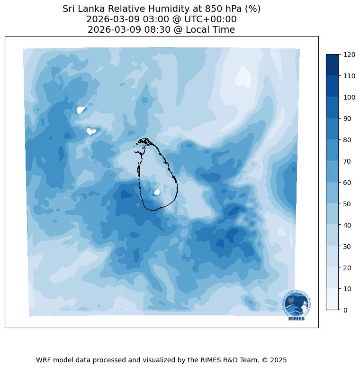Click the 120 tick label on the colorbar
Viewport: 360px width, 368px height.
350,55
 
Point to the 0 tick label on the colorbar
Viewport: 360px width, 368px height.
345,310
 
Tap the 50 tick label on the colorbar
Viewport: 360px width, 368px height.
348,203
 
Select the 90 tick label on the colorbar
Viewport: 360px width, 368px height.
348,119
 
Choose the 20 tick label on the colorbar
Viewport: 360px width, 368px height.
348,267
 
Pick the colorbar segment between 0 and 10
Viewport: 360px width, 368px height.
333,299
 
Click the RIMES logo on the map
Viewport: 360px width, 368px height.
297,305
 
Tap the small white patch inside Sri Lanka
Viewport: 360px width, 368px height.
157,192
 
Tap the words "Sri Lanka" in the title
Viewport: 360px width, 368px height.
81,9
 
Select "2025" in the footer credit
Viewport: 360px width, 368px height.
279,360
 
